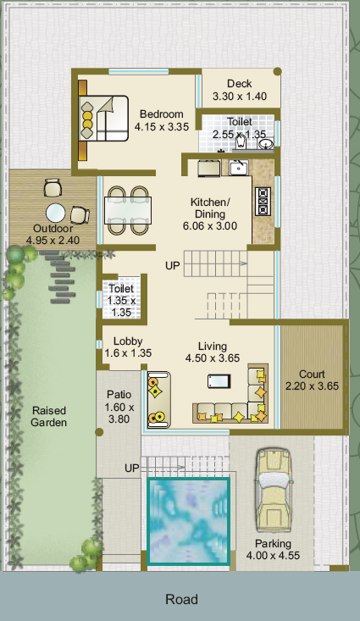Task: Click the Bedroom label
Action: [x=162, y=114]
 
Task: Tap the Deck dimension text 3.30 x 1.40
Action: [x=240, y=97]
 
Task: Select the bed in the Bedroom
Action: [x=103, y=119]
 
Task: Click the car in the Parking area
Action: [x=274, y=490]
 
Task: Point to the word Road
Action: [x=182, y=599]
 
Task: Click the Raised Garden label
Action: [x=49, y=417]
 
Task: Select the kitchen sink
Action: [x=239, y=168]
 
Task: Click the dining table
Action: [x=128, y=210]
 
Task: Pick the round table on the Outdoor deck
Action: [x=55, y=213]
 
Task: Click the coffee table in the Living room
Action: [x=219, y=381]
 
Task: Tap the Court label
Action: [x=312, y=374]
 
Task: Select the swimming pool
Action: [x=188, y=521]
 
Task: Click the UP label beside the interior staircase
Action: [x=172, y=266]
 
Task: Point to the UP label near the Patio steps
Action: [x=132, y=469]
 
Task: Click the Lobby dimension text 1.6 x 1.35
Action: [x=128, y=353]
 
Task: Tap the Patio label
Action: [x=119, y=395]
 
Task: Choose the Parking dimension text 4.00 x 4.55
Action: [x=273, y=556]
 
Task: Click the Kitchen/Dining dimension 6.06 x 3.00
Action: [x=210, y=226]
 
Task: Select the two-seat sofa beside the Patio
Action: [x=158, y=400]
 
